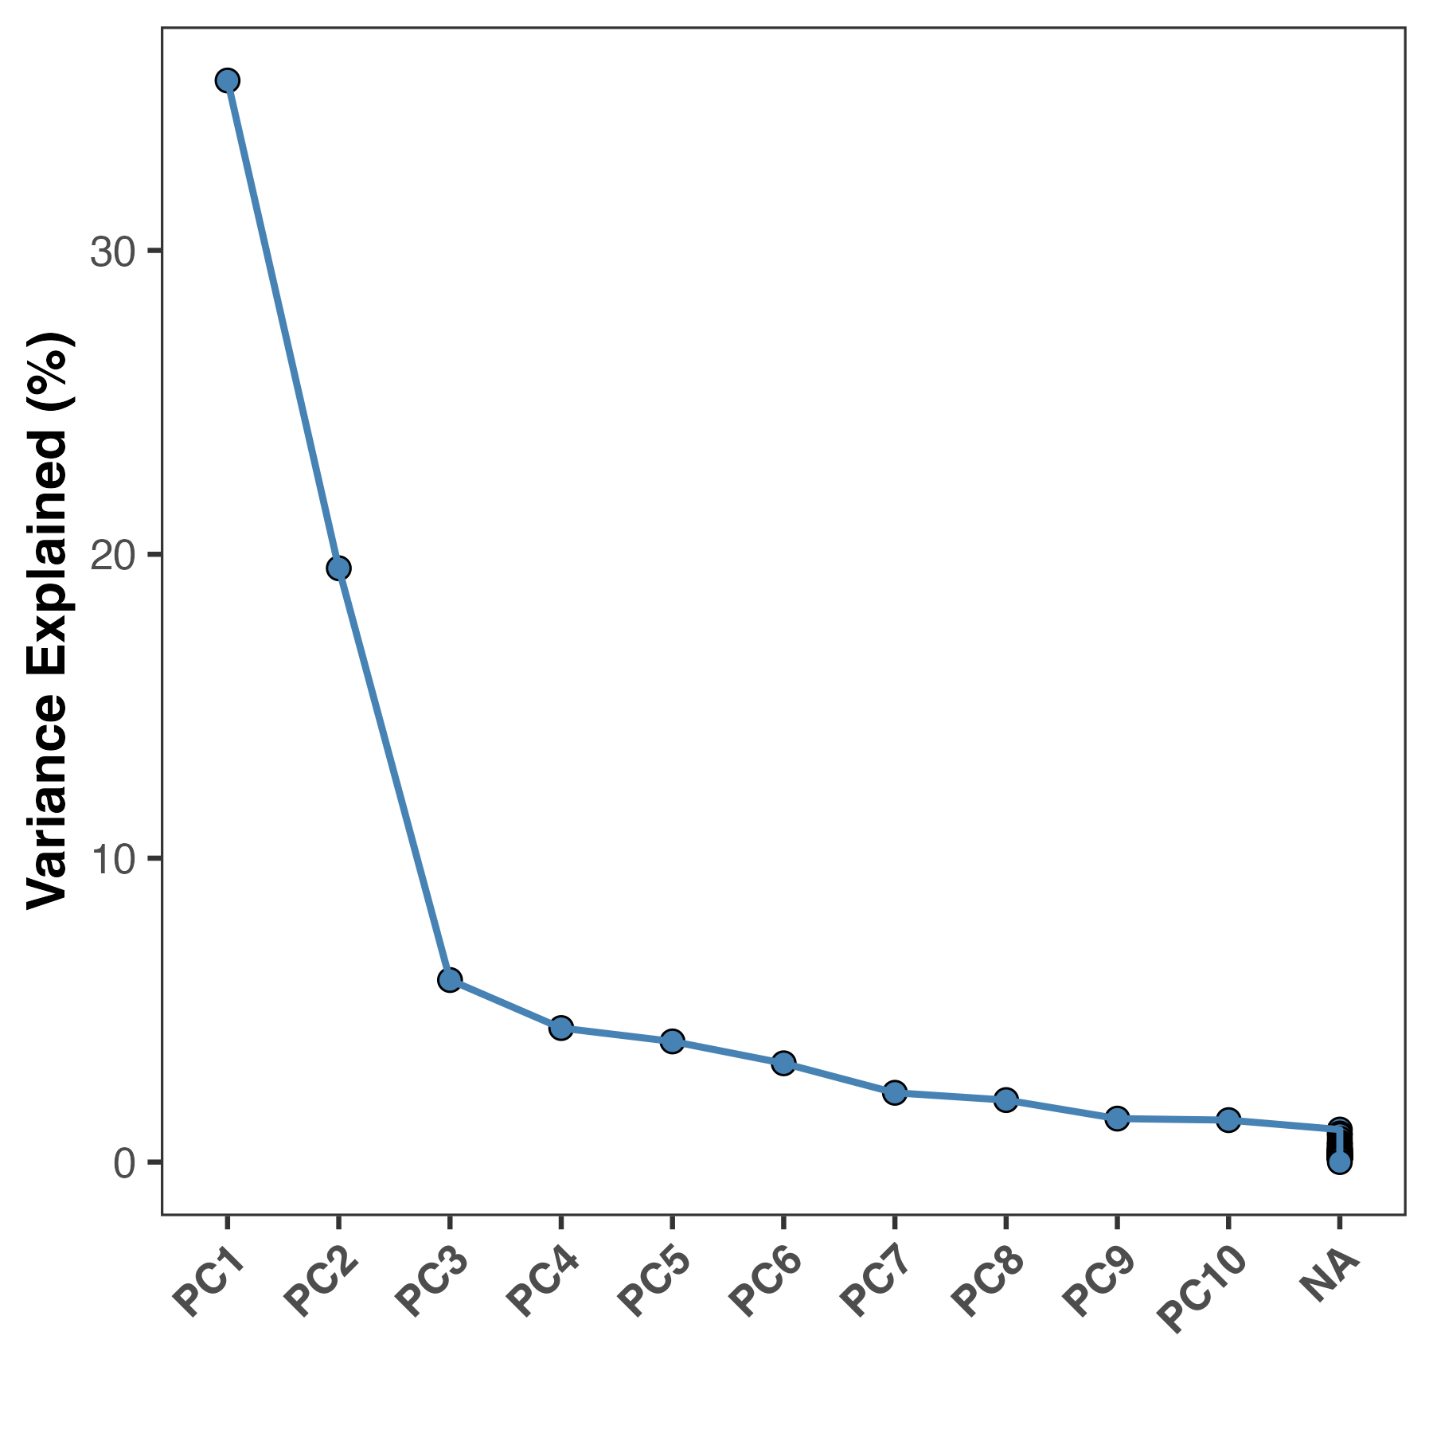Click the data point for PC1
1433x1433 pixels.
pos(227,80)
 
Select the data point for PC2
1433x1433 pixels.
pos(338,568)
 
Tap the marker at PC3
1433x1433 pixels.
pos(450,979)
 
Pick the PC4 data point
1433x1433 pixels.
pos(561,1028)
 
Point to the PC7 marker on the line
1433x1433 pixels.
pos(895,1092)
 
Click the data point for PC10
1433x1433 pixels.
pos(1228,1120)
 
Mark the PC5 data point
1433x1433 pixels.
pos(673,1041)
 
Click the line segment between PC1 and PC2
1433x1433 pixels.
pos(283,324)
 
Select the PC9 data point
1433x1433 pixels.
pos(1117,1119)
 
